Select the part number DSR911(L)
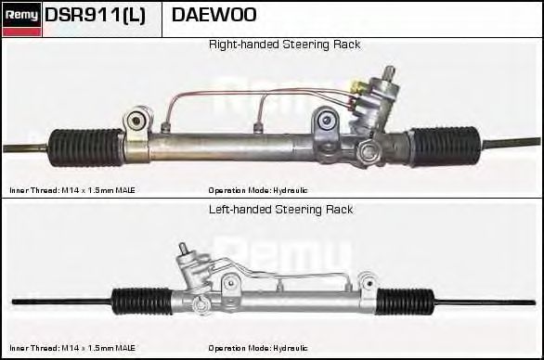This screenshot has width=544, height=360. (x=95, y=16)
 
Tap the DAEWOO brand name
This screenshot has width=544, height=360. (x=214, y=16)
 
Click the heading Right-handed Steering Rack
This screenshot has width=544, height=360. (x=284, y=45)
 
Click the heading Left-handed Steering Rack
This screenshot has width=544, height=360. (x=280, y=210)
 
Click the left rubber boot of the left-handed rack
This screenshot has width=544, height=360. (x=142, y=301)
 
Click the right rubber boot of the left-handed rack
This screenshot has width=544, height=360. (x=407, y=301)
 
